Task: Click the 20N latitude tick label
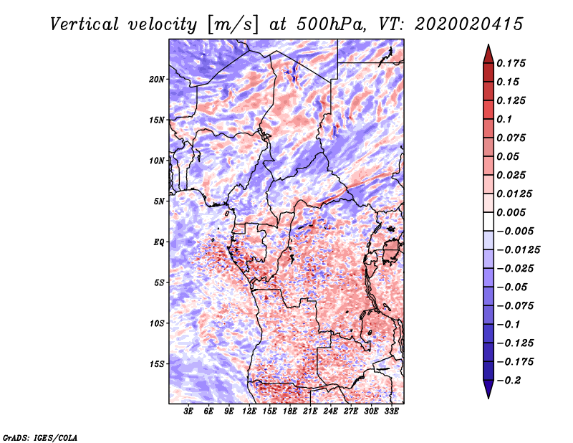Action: [x=157, y=79]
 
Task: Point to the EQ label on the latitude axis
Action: [x=158, y=242]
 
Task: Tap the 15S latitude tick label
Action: [x=157, y=363]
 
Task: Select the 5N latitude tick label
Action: [x=158, y=201]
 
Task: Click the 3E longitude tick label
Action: [x=189, y=412]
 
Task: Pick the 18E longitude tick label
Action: [x=290, y=412]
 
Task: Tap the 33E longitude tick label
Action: [x=391, y=412]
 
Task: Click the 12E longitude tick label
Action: [x=250, y=412]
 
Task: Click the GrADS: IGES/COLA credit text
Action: [x=39, y=437]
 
